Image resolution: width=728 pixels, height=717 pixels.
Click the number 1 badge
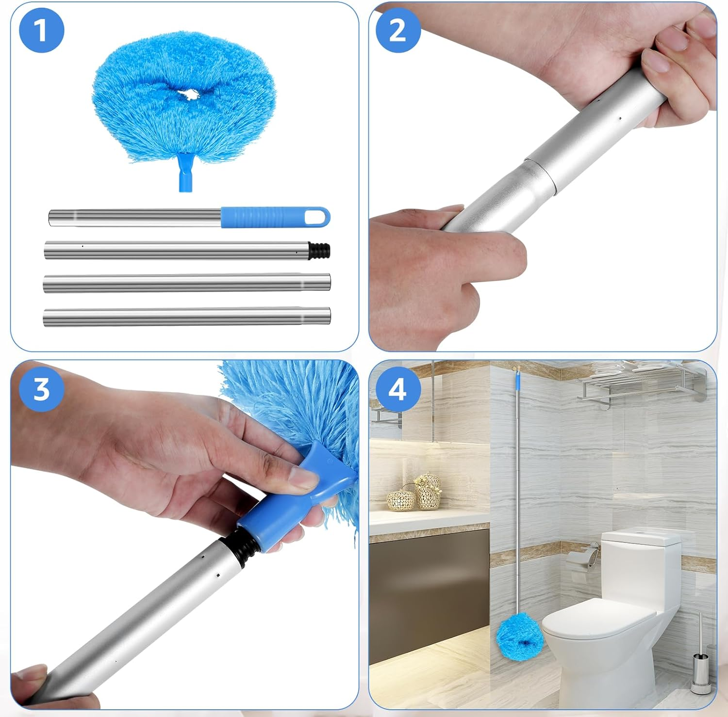41,30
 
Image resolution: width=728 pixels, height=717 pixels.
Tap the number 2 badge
398,30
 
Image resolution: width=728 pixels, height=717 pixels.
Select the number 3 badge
41,389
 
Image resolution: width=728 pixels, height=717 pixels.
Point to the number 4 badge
398,389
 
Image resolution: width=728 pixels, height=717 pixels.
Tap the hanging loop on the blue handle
315,217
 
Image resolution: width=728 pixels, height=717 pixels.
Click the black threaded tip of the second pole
320,250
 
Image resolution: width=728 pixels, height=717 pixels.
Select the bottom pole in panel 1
187,317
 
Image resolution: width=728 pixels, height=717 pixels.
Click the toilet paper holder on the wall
585,556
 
